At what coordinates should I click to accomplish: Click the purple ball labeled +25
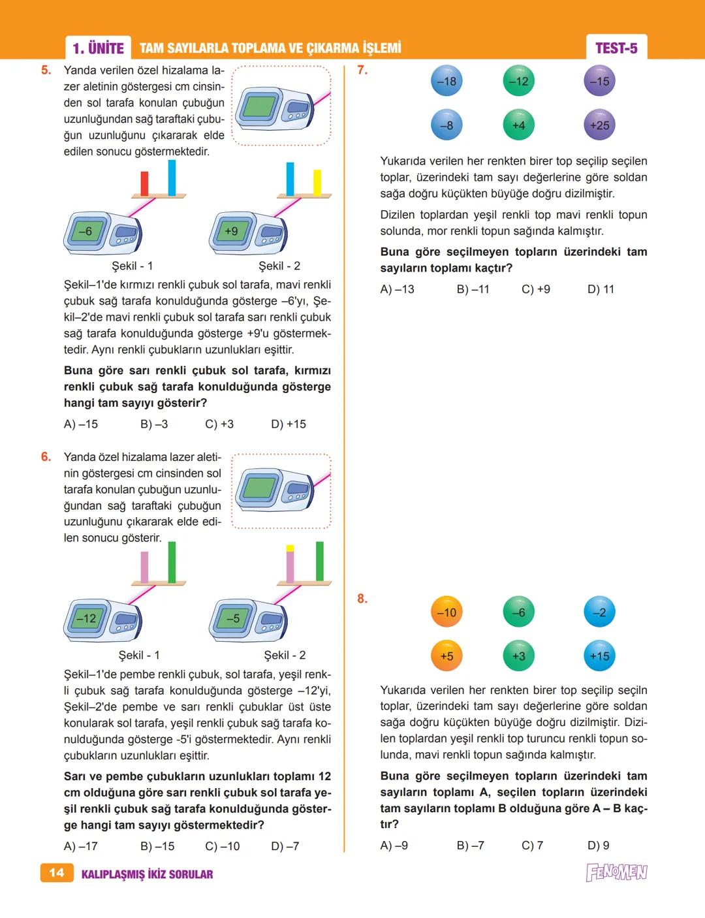[599, 125]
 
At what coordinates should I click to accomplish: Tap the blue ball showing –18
[446, 81]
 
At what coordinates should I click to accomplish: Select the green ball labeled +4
[518, 125]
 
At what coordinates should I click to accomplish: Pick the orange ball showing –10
[446, 612]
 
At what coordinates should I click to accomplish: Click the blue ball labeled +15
[599, 656]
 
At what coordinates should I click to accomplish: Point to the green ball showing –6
[518, 612]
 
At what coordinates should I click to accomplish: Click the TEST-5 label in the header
[616, 48]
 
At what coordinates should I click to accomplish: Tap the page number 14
[56, 873]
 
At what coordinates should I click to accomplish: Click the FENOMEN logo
[616, 872]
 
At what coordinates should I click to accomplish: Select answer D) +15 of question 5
[289, 424]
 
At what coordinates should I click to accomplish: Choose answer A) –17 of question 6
[81, 846]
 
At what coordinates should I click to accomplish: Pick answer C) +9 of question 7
[535, 289]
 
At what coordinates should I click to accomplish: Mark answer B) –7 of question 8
[470, 846]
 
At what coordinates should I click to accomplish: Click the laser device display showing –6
[85, 231]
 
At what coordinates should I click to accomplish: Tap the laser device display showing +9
[230, 231]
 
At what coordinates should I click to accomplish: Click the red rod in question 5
[144, 183]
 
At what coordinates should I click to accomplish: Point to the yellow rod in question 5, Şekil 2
[317, 182]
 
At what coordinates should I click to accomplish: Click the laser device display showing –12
[86, 618]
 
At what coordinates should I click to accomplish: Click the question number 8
[362, 599]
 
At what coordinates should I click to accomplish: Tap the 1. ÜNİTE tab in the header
[98, 48]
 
